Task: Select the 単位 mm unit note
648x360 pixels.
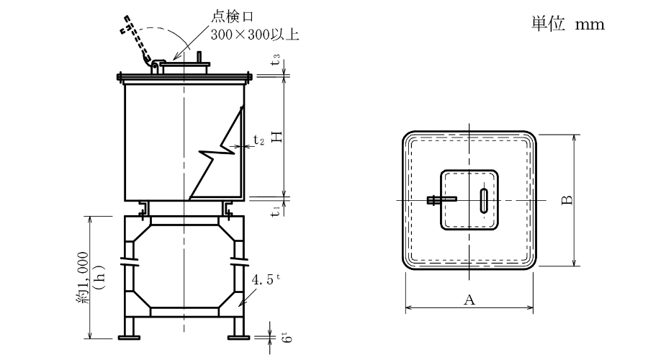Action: coord(567,24)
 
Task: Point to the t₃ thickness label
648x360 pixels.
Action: coord(276,62)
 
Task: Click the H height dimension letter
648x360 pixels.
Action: coord(276,137)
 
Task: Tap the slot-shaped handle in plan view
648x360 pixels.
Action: coord(483,199)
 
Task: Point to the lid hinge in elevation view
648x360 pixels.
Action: coord(154,67)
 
